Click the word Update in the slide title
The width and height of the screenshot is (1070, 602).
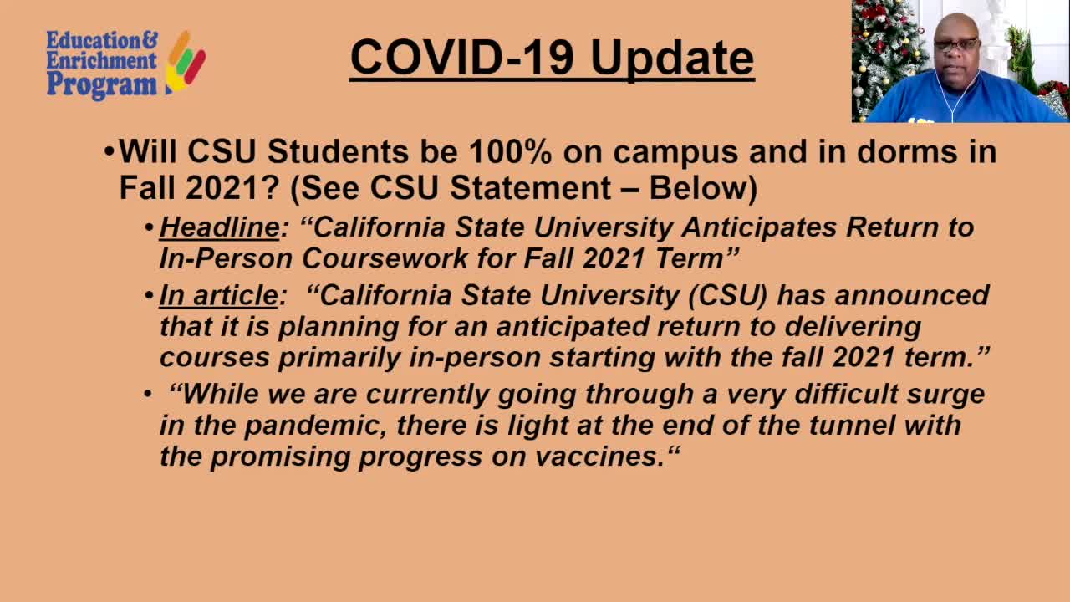[x=672, y=59]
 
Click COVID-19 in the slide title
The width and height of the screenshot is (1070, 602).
[x=461, y=58]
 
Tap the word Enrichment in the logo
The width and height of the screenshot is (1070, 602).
[x=101, y=61]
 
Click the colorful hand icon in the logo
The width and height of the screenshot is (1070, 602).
[x=186, y=61]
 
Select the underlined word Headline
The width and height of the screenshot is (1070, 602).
[x=219, y=227]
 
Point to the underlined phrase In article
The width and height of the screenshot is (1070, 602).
[x=218, y=295]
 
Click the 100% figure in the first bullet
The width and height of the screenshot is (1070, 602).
[x=510, y=152]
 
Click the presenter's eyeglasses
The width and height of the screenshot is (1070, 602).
[x=955, y=45]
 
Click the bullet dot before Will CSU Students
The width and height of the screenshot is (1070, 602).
[x=110, y=153]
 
